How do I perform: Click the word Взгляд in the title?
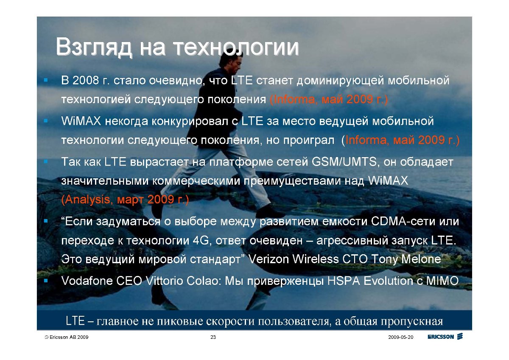pyautogui.click(x=94, y=47)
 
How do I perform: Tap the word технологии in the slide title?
pyautogui.click(x=236, y=47)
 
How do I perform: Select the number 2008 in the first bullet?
pyautogui.click(x=86, y=80)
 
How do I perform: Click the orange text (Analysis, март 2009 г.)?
pyautogui.click(x=125, y=200)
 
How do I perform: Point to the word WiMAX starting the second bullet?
pyautogui.click(x=81, y=121)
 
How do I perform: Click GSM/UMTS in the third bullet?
pyautogui.click(x=344, y=162)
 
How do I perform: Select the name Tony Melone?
pyautogui.click(x=406, y=259)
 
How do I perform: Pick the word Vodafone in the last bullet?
pyautogui.click(x=87, y=281)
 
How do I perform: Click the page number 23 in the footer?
pyautogui.click(x=213, y=337)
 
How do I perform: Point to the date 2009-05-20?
pyautogui.click(x=400, y=337)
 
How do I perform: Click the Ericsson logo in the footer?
pyautogui.click(x=445, y=337)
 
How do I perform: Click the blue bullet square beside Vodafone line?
pyautogui.click(x=46, y=281)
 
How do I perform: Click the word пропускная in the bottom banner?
pyautogui.click(x=412, y=321)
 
